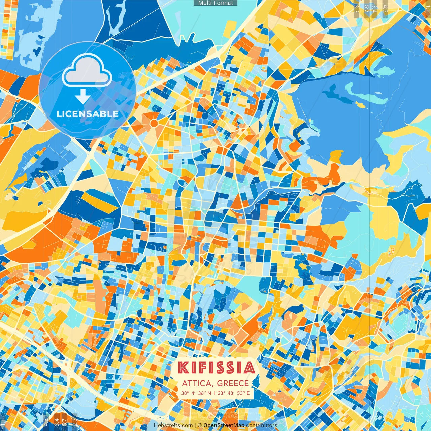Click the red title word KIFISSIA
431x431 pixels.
tap(216, 368)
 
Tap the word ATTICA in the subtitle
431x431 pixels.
tap(197, 383)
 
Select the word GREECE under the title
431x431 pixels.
tap(233, 383)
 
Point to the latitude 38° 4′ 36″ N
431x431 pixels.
tap(196, 393)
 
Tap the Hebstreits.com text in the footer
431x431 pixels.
tap(173, 425)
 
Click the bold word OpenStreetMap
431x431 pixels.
tap(224, 425)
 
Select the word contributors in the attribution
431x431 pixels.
tap(262, 425)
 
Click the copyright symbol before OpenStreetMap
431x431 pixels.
tap(199, 425)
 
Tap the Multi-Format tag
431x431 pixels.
tap(215, 3)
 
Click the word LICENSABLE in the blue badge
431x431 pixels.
tap(88, 114)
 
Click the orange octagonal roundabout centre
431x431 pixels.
tap(154, 123)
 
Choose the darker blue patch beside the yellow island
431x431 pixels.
tap(340, 98)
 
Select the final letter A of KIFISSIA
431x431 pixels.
tap(250, 368)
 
